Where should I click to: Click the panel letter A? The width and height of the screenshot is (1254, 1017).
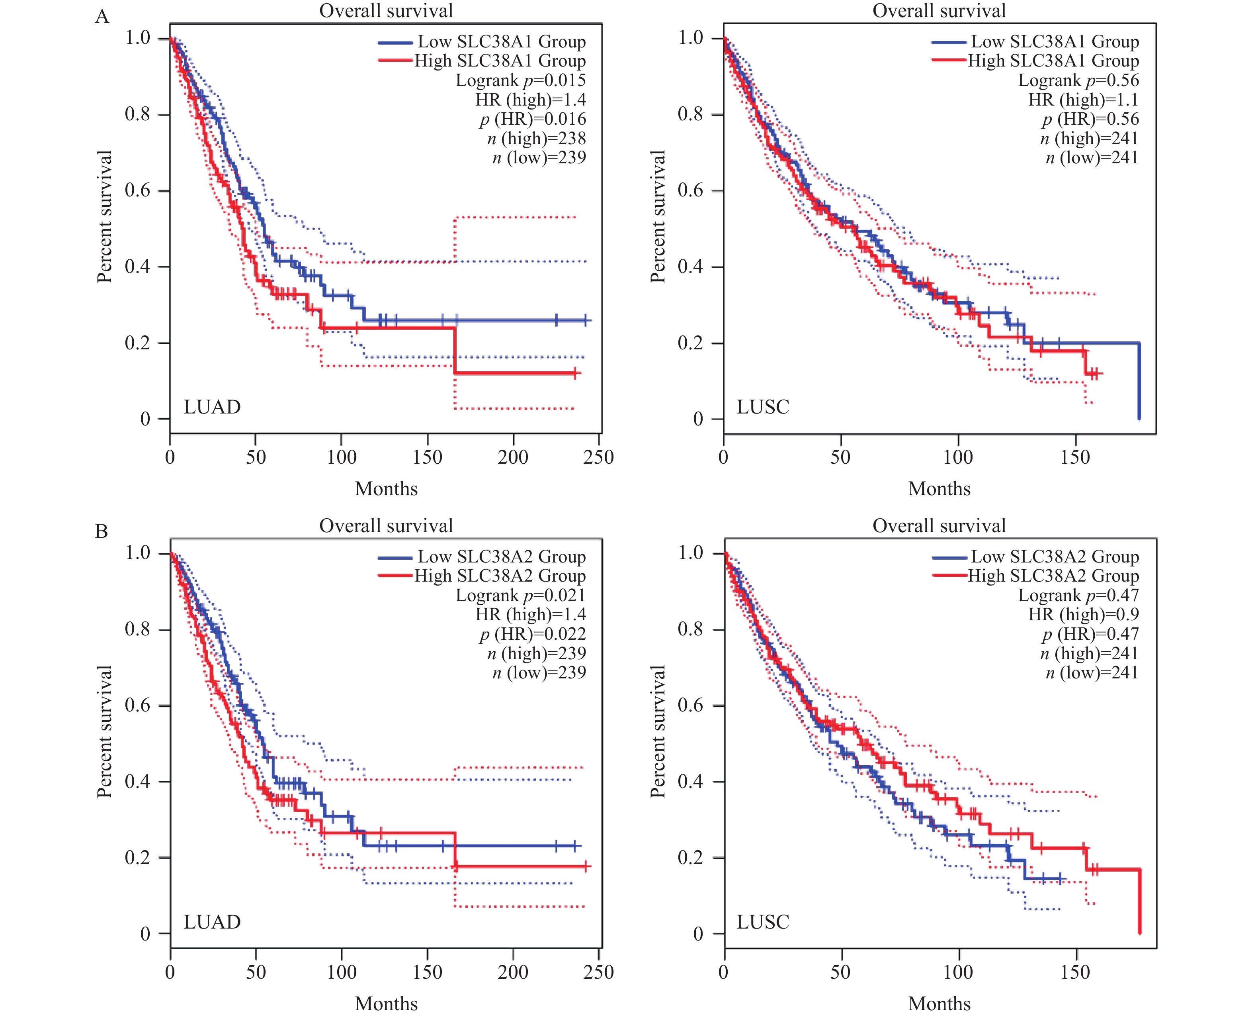(x=102, y=16)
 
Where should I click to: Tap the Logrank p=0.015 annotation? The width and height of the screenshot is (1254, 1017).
(x=520, y=80)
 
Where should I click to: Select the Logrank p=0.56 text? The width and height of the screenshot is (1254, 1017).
(x=1078, y=80)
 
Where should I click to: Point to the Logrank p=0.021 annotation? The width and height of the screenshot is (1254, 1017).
(x=520, y=595)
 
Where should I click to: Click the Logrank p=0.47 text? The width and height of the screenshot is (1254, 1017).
(x=1078, y=595)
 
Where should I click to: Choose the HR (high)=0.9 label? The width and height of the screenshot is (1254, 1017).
(x=1083, y=615)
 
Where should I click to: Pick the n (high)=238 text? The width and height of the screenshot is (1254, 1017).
(x=536, y=138)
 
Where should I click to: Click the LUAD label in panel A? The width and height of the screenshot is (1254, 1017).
(x=212, y=407)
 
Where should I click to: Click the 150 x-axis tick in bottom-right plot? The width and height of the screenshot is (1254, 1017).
(x=1075, y=972)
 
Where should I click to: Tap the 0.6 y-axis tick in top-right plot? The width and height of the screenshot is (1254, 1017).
(x=691, y=190)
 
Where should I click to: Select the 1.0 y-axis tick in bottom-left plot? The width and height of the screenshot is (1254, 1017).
(x=138, y=553)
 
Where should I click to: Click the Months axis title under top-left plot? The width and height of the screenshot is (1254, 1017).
(x=387, y=488)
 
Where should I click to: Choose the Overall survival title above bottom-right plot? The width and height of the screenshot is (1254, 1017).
(x=939, y=525)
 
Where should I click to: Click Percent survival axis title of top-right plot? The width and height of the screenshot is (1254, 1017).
(x=658, y=217)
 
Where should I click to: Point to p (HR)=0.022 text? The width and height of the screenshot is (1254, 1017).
(x=533, y=634)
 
